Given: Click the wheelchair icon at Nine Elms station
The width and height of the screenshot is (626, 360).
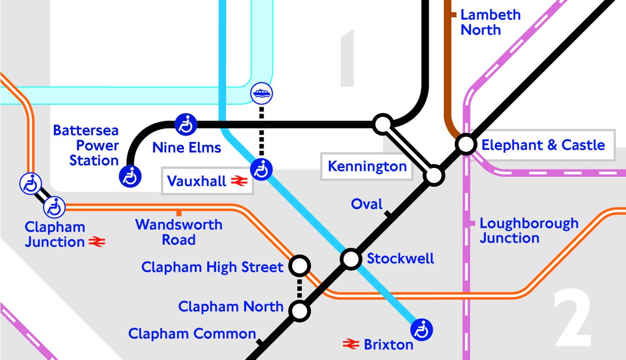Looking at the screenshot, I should point(185,124).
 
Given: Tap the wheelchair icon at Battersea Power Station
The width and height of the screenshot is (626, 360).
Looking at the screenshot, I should point(130,176).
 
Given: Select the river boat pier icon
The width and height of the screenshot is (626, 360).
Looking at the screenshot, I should point(261,94).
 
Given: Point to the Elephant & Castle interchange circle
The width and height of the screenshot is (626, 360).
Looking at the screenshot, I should point(465,143).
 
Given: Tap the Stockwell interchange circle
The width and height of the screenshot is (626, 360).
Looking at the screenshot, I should point(351,258).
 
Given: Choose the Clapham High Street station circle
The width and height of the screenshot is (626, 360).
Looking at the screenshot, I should point(299,266).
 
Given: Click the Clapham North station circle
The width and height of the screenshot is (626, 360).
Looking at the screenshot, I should point(299,311).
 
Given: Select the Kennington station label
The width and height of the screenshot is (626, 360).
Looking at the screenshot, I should point(367,167).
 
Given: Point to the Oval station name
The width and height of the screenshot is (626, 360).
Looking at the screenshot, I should point(367,204).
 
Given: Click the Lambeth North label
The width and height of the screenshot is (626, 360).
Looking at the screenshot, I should point(490,22).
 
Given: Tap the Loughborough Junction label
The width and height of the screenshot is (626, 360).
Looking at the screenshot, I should point(528,231).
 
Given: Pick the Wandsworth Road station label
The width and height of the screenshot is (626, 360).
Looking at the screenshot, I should point(178,232).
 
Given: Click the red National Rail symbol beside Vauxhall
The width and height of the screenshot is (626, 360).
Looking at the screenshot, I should point(239,182).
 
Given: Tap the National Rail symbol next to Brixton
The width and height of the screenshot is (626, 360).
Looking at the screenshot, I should point(351,344).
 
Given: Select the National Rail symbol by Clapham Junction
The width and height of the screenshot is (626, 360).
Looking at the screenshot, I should point(97,242).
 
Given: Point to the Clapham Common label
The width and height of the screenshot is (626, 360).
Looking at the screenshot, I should point(192,334).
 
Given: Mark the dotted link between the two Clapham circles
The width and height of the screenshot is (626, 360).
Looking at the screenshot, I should point(299,289).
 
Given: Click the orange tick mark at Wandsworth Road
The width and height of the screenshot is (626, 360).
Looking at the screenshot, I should point(179,212).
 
